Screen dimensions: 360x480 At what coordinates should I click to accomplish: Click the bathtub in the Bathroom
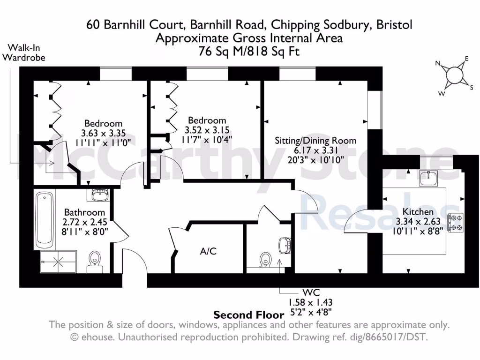[x=44, y=220]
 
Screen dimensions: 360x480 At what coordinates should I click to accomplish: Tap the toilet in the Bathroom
[x=94, y=261]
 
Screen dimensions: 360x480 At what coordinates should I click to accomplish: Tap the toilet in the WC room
[x=266, y=258]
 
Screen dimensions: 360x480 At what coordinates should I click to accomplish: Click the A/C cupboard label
[x=208, y=251]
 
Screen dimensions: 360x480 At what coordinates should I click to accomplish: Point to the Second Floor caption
[x=248, y=315]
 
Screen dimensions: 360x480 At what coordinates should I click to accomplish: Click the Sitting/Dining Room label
[x=315, y=140]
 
